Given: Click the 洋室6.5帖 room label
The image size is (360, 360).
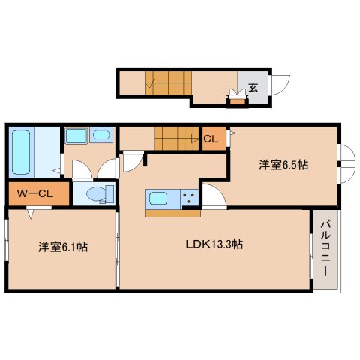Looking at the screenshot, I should pyautogui.click(x=283, y=166).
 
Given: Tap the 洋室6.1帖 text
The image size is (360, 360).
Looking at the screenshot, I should pyautogui.click(x=64, y=246).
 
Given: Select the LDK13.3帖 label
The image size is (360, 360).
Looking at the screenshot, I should pyautogui.click(x=214, y=244).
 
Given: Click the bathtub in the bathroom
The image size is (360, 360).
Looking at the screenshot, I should pyautogui.click(x=21, y=151).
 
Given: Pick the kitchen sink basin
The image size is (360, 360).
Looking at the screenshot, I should pyautogui.click(x=159, y=199).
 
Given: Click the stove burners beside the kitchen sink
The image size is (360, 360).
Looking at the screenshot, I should pyautogui.click(x=188, y=199).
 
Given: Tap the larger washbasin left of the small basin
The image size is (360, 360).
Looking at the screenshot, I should pyautogui.click(x=75, y=136).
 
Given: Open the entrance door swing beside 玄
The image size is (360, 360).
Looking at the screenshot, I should pyautogui.click(x=280, y=84).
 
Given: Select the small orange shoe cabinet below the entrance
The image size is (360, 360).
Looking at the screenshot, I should pyautogui.click(x=237, y=101).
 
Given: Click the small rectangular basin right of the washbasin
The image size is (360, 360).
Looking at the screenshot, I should pyautogui.click(x=100, y=136).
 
